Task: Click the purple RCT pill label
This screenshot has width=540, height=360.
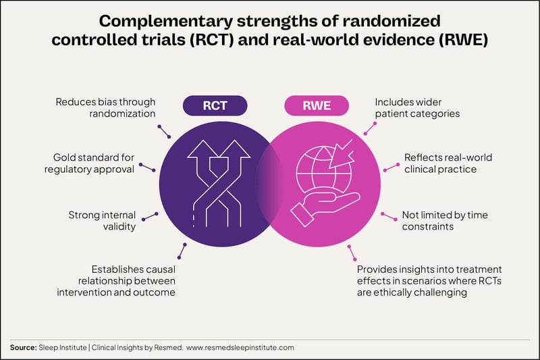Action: pyautogui.click(x=215, y=106)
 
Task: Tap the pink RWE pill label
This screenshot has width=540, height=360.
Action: pyautogui.click(x=317, y=106)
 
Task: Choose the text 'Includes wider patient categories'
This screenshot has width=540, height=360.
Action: pyautogui.click(x=417, y=108)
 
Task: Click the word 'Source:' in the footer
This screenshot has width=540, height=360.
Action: pyautogui.click(x=24, y=347)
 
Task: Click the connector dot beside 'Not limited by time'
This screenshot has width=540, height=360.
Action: pyautogui.click(x=383, y=214)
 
